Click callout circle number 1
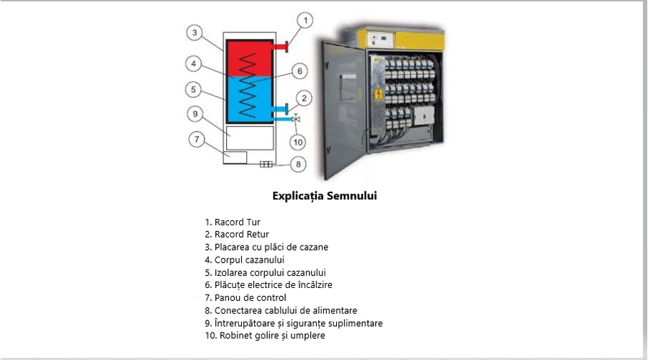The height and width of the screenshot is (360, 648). click(x=305, y=20)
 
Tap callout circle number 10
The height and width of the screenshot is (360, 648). click(x=298, y=143)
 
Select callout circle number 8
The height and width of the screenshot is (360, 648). click(x=298, y=164)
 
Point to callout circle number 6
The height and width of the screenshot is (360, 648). click(x=300, y=71)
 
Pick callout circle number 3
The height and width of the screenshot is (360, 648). click(x=194, y=32)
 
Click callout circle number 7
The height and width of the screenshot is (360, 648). click(x=197, y=139)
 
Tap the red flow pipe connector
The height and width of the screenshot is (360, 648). click(x=280, y=46)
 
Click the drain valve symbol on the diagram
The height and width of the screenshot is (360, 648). click(x=295, y=119)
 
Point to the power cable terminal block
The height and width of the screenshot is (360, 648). click(x=266, y=164)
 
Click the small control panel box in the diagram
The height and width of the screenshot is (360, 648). click(x=235, y=158)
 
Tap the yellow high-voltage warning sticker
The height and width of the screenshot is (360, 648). click(x=379, y=94)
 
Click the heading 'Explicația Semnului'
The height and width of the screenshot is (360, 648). click(x=325, y=196)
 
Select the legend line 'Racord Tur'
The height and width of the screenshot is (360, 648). click(x=233, y=222)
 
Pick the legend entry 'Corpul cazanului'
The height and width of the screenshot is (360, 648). click(x=245, y=260)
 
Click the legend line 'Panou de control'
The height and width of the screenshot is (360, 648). click(x=246, y=297)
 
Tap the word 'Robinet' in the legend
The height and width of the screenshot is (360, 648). click(x=234, y=336)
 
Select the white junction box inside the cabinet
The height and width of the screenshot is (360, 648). click(x=424, y=115)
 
